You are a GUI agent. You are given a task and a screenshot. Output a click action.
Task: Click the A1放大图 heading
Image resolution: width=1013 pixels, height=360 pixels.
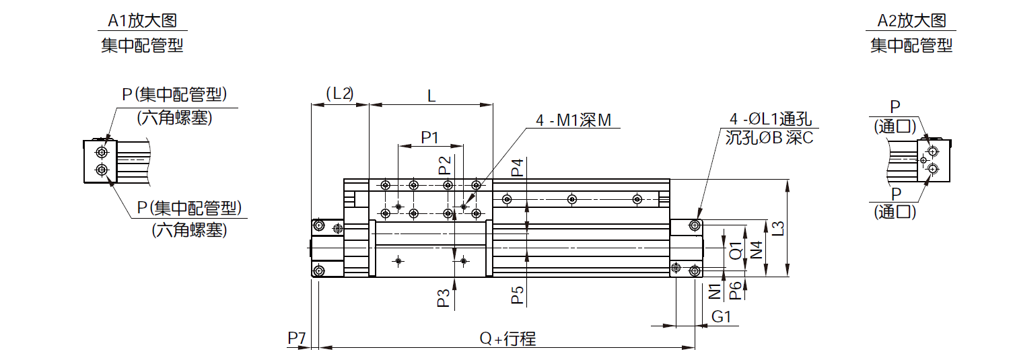point(143,20)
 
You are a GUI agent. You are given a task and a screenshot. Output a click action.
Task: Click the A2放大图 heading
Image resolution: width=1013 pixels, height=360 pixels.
point(911,20)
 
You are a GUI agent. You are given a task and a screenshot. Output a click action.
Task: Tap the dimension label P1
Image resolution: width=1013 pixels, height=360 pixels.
point(429,137)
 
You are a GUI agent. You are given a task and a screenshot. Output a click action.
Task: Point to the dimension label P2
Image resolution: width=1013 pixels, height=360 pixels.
point(446,166)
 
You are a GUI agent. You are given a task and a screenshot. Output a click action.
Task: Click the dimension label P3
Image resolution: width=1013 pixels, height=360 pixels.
point(444,299)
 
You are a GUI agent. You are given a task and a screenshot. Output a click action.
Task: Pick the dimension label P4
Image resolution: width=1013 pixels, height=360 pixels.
point(518,168)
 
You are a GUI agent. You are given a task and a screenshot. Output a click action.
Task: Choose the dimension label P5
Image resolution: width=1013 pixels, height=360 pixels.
point(518,295)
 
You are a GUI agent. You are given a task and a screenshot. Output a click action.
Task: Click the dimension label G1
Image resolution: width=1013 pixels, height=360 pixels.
point(722,316)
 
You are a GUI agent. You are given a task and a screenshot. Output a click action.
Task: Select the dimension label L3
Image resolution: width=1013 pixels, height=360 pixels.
point(777,228)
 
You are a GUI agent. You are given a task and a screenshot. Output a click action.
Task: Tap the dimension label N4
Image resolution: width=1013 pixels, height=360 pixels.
point(756,250)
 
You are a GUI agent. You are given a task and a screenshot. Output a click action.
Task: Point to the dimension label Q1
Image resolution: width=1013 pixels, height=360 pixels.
point(736,250)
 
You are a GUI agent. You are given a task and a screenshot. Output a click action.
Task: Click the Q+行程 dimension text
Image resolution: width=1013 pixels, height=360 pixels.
point(508,338)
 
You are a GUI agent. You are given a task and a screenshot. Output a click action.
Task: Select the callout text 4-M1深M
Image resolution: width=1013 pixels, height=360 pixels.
point(573,120)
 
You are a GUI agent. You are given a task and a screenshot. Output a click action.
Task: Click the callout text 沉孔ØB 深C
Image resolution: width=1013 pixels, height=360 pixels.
point(769,137)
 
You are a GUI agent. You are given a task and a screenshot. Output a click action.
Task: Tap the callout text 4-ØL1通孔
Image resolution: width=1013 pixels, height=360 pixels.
point(771,119)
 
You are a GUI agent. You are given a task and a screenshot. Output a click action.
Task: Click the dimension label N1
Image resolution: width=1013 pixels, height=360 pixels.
point(715,291)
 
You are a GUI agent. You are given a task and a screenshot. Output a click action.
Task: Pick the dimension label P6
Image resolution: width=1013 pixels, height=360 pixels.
point(736,290)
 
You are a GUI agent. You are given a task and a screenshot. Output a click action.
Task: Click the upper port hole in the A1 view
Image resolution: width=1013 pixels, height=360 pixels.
point(102,152)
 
